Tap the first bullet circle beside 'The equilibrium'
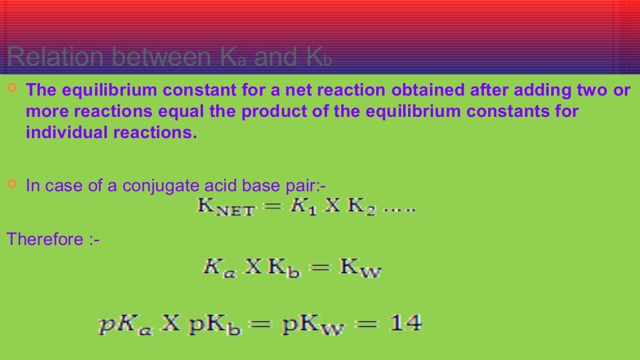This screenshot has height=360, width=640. coord(12,89)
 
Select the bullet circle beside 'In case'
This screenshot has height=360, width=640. coord(12,184)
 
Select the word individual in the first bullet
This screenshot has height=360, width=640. coord(61,133)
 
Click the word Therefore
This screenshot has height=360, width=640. coord(44,239)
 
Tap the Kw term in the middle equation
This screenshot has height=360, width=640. coord(361,270)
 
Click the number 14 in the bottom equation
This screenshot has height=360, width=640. coord(406,323)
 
